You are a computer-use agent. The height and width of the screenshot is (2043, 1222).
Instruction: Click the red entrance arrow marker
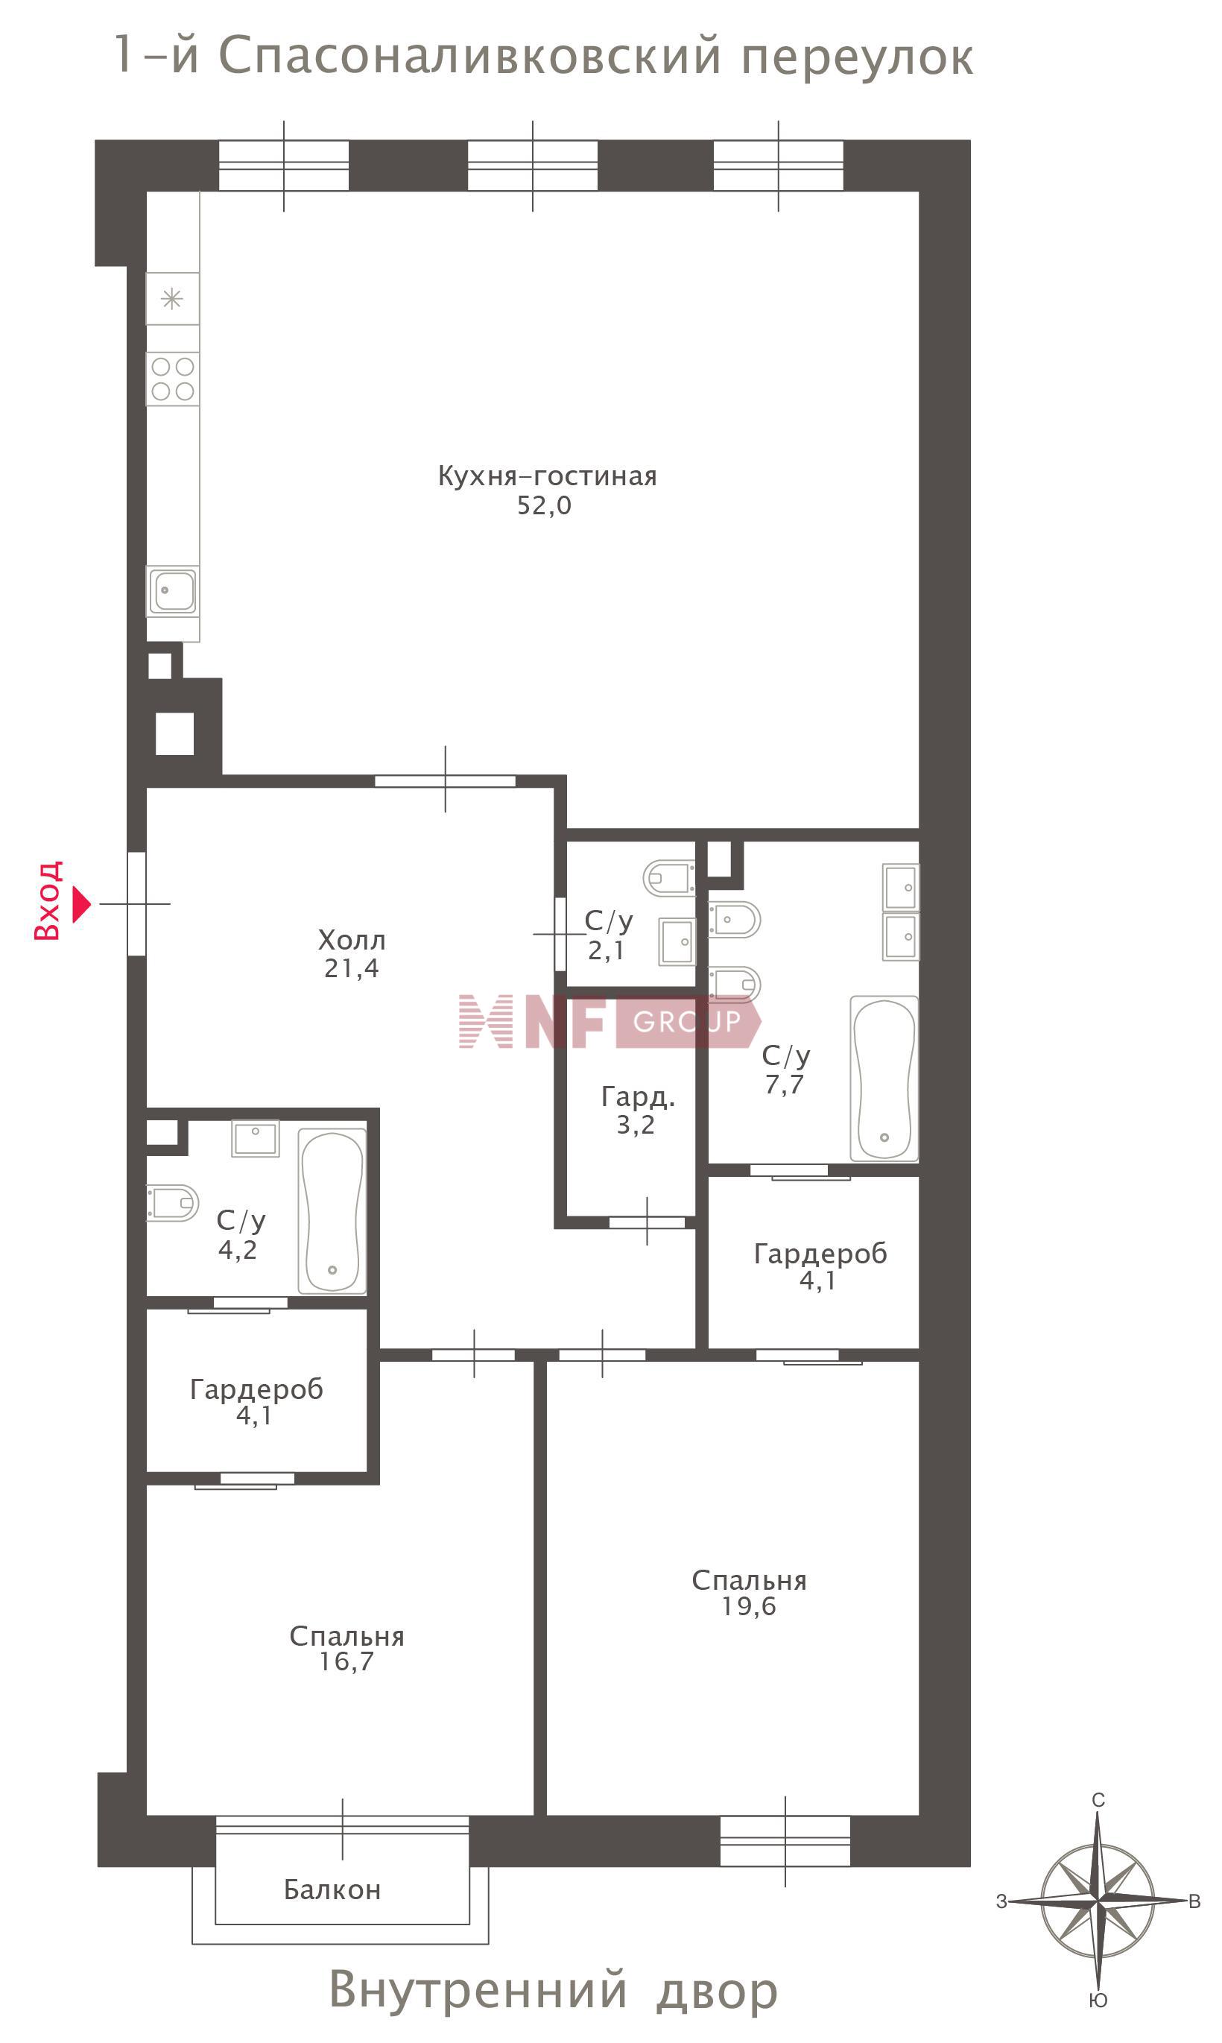coord(81,904)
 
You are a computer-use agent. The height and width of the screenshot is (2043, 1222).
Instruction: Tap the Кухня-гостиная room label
coord(547,477)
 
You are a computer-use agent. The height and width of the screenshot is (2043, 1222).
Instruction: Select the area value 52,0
coord(543,505)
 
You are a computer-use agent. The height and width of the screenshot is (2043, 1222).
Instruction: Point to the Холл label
coord(352,940)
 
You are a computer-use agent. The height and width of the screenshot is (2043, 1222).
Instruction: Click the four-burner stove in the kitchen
coord(173,379)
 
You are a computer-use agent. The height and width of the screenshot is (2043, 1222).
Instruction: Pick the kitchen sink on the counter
coord(173,590)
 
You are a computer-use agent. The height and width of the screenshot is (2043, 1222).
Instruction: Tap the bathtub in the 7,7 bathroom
coord(884,1079)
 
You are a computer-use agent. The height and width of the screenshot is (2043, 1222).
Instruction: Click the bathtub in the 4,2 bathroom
coord(332,1210)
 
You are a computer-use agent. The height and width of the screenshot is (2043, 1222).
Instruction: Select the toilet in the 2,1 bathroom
coord(668,878)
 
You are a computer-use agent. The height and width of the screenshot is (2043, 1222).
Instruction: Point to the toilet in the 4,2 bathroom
coord(173,1203)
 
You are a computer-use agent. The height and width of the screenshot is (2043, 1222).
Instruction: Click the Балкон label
coord(332,1889)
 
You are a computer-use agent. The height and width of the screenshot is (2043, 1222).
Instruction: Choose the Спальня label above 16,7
coord(346,1636)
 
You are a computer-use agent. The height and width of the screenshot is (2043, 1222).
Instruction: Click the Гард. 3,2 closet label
coord(637,1110)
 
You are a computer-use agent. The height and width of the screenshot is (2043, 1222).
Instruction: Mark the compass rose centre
coord(1098,1901)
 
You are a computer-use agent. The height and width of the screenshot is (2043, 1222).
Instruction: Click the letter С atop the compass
coord(1098,1800)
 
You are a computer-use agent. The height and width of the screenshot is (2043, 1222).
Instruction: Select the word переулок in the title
coord(857,57)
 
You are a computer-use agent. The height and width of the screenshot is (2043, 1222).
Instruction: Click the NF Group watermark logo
coord(610,1021)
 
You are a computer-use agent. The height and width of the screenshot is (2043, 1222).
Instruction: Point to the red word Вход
coord(47,901)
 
